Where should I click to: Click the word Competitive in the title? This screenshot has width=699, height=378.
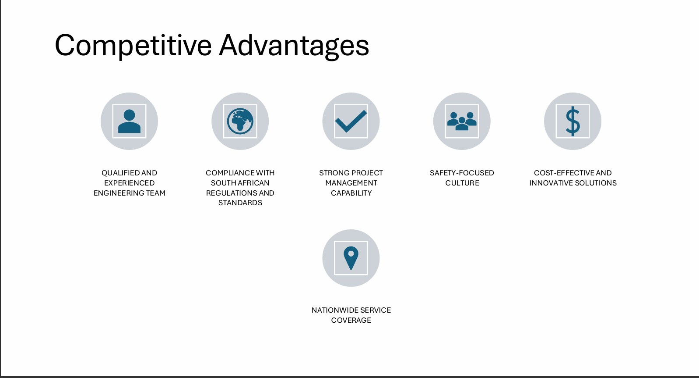pyautogui.click(x=133, y=46)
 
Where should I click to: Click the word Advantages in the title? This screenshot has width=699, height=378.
pyautogui.click(x=294, y=46)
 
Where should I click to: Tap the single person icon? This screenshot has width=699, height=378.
pyautogui.click(x=129, y=121)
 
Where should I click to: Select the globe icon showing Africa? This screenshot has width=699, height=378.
pyautogui.click(x=240, y=121)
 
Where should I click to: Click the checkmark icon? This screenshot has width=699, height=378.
pyautogui.click(x=351, y=121)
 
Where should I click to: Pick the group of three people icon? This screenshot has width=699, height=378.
pyautogui.click(x=462, y=121)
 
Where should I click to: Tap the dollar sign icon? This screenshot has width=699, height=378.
pyautogui.click(x=573, y=121)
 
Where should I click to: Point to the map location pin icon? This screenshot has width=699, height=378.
pyautogui.click(x=351, y=258)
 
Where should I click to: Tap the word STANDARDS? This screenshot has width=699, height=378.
pyautogui.click(x=240, y=203)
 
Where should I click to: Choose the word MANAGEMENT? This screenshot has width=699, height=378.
pyautogui.click(x=351, y=183)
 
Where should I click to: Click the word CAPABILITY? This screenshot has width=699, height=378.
pyautogui.click(x=351, y=193)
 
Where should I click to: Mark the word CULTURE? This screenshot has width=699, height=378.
pyautogui.click(x=462, y=183)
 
